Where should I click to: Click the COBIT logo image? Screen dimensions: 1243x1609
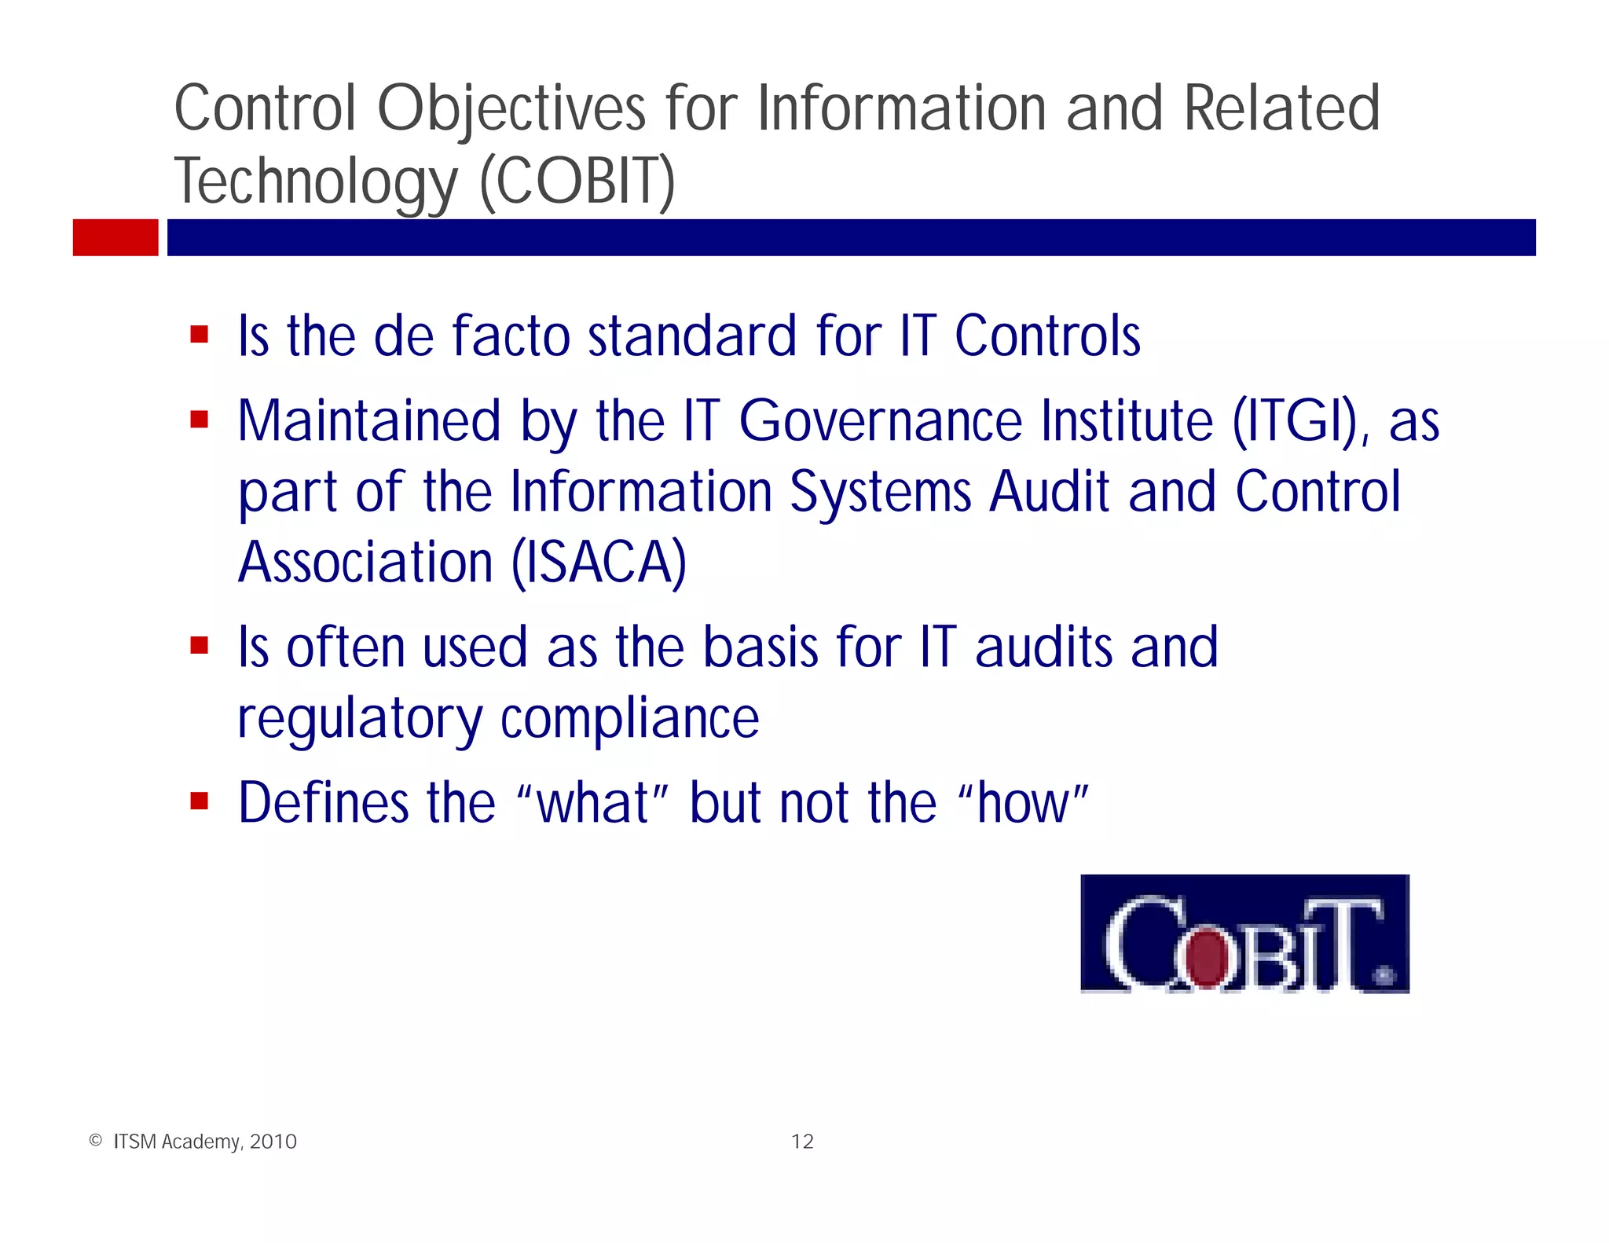[1244, 933]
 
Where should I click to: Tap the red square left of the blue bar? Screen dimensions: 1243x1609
[115, 237]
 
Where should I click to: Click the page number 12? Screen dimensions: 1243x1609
[802, 1142]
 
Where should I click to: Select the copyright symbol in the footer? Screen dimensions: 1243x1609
[96, 1141]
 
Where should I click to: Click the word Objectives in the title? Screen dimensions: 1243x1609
[511, 108]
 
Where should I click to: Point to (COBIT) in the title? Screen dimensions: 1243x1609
[577, 181]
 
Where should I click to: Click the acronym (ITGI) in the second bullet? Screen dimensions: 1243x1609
[1296, 422]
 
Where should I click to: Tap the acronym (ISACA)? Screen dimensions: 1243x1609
[599, 563]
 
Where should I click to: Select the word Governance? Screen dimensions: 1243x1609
[881, 422]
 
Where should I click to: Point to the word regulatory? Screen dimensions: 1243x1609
[360, 720]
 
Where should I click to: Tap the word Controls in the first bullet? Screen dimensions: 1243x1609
[1047, 336]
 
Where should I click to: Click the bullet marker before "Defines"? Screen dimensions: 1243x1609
[199, 801]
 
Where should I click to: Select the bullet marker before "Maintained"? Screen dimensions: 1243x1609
[199, 420]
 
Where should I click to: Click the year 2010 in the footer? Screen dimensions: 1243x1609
[273, 1142]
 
